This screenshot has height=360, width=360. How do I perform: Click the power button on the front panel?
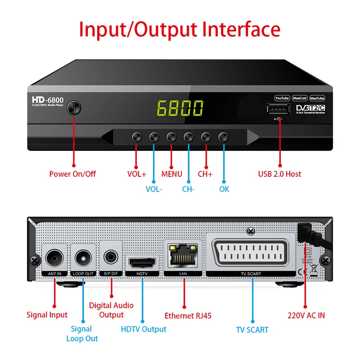[x=74, y=108]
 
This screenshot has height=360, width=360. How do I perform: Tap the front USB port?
[x=278, y=109]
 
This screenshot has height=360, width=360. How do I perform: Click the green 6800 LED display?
[x=180, y=108]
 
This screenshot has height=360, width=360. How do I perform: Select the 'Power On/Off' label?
[x=72, y=174]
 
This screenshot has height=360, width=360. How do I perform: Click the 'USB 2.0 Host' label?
[x=279, y=174]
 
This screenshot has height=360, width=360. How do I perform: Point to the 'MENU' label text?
[x=171, y=174]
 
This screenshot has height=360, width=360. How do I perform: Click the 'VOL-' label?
[x=154, y=189]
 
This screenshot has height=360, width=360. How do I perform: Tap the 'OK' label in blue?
[x=224, y=189]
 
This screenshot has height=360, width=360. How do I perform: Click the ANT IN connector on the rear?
[x=55, y=258]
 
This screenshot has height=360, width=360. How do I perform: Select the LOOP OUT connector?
[x=83, y=258]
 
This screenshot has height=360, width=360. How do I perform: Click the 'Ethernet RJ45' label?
[x=188, y=315]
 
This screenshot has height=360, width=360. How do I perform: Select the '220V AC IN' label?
[x=306, y=315]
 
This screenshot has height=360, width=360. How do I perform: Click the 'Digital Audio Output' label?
[x=111, y=310]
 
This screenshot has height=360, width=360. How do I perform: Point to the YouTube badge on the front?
[x=282, y=98]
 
